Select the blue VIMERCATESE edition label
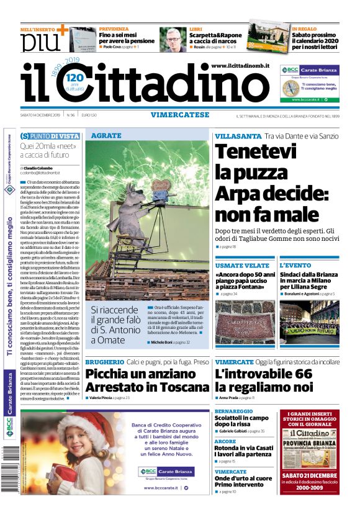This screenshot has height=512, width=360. point(179,114)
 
